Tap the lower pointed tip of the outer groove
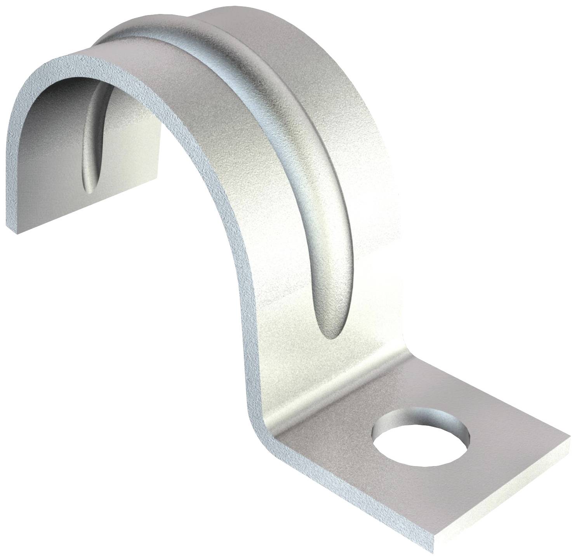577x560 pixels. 330,334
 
